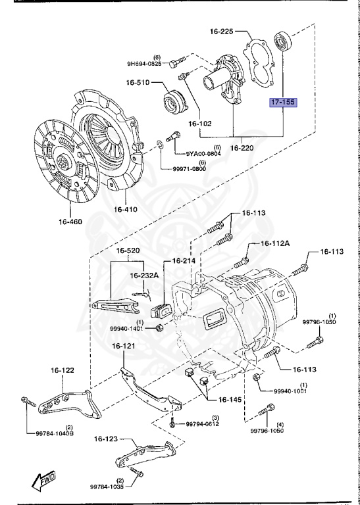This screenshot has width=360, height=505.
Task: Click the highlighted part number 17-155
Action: point(283,103)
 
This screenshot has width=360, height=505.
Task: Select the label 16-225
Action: point(222,32)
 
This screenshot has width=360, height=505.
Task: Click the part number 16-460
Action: point(70,222)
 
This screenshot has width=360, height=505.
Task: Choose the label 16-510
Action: point(138,83)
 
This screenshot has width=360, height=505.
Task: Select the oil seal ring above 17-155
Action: point(282,41)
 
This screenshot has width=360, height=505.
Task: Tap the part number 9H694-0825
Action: point(144,63)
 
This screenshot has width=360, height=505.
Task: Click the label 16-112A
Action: point(275,243)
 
